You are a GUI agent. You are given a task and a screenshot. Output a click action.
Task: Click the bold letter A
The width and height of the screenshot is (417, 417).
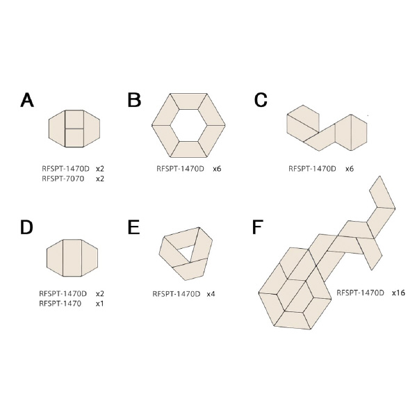(27, 100)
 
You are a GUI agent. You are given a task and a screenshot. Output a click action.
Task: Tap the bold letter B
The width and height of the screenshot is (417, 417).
(134, 100)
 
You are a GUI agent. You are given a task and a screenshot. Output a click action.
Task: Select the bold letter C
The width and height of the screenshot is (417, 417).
(261, 100)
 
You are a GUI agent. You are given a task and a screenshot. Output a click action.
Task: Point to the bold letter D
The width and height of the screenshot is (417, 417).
(26, 227)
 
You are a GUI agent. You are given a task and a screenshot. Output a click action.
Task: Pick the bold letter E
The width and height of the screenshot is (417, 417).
(133, 227)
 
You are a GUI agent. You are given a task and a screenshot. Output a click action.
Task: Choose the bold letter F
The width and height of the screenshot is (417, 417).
(257, 227)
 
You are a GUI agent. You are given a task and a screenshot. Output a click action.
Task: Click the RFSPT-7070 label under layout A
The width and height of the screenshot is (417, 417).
(63, 179)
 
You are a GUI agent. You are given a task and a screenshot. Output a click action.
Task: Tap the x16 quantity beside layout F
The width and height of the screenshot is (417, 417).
(398, 293)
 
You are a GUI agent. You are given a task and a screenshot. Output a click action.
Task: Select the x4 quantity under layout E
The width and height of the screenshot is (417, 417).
(211, 294)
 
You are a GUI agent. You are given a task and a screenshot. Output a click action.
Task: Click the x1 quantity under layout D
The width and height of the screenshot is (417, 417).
(99, 304)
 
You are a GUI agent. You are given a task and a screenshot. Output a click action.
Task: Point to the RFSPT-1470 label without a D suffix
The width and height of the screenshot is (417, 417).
(60, 304)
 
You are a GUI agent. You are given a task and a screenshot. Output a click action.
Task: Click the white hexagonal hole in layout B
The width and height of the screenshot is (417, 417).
(188, 125)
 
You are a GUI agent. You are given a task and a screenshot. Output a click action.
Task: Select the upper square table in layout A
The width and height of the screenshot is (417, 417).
(74, 120)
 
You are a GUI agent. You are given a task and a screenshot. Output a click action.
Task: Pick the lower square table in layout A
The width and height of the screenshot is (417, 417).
(74, 138)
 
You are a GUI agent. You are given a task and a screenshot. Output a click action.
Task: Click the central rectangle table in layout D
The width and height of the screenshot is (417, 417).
(72, 258)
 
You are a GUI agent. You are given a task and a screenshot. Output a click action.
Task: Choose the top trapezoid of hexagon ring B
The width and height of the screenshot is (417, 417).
(188, 101)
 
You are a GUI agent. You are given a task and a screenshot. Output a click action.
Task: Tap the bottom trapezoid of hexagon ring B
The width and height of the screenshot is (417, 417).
(188, 149)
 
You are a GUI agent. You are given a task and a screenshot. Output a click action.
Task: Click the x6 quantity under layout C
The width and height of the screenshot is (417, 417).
(350, 169)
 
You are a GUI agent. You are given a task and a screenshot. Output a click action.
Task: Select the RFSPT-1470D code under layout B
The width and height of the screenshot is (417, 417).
(180, 169)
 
